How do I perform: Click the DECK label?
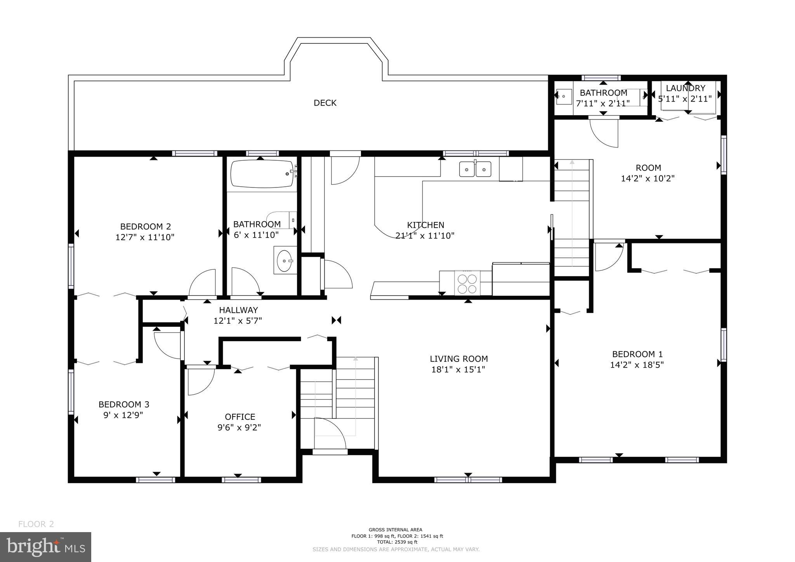coord(325,103)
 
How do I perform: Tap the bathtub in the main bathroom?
coord(263,174)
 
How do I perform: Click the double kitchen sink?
coord(475,169)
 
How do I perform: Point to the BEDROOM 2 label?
coord(145,227)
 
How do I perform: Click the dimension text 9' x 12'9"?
coord(123,415)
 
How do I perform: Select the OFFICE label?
coord(240,417)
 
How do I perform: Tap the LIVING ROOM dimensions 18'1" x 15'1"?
coord(458,369)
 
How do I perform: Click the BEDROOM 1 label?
coord(637,354)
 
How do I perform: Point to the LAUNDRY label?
coord(685,88)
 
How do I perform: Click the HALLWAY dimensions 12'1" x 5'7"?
coord(238,321)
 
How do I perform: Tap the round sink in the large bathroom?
coord(285,260)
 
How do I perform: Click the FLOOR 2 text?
coord(36,524)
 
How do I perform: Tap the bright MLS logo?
coord(45,547)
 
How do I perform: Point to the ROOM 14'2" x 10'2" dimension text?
coord(648,179)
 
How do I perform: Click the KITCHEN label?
coord(425,225)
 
